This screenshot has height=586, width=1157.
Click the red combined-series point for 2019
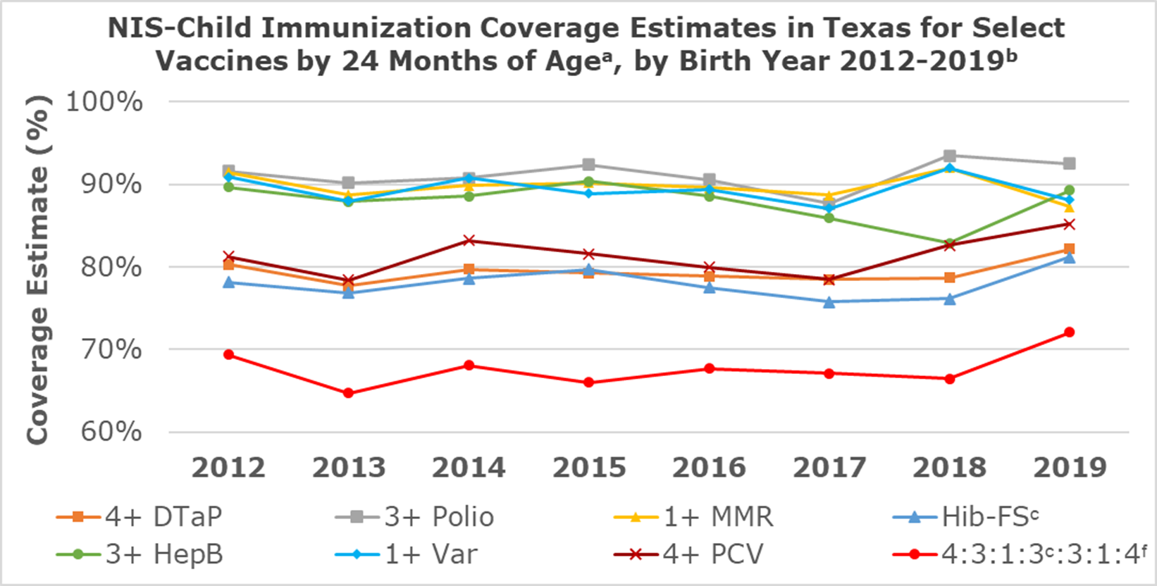point(1069,332)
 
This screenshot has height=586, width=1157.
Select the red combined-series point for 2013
point(348,393)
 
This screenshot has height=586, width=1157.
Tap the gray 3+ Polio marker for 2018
point(949,156)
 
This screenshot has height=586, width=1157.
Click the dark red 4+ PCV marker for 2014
point(469,241)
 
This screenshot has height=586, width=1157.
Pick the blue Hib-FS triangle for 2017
point(829,302)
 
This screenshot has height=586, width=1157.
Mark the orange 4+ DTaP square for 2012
point(228,264)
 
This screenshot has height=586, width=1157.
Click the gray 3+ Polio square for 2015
point(589,165)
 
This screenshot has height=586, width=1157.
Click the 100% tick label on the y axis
point(104,101)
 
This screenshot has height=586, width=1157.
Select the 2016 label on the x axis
point(709,468)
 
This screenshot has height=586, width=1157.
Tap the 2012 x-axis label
point(228,468)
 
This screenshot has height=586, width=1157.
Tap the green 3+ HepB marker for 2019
point(1069,190)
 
